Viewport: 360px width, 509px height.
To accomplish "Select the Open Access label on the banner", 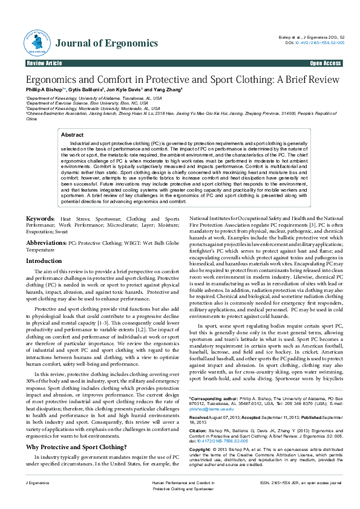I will [x=325, y=63].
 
